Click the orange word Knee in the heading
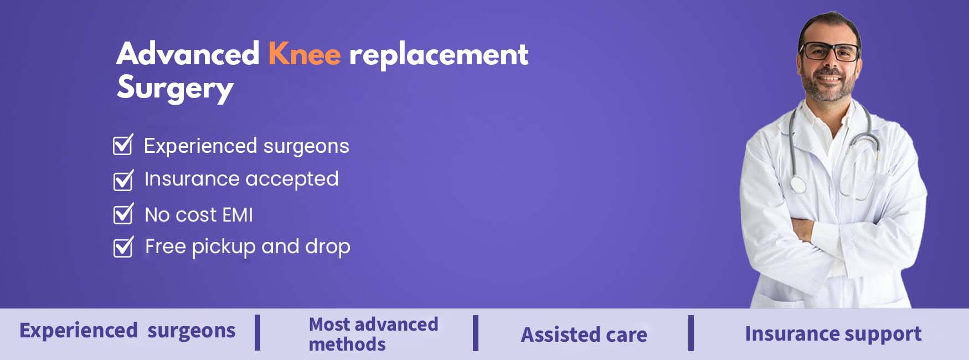(305, 54)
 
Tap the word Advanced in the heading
(188, 54)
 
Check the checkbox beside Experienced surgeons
(123, 145)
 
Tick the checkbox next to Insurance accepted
(123, 180)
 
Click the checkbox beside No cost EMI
(123, 214)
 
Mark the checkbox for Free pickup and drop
(123, 247)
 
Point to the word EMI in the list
(238, 215)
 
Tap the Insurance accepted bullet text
(241, 179)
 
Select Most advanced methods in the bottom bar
(373, 334)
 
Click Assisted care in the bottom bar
(584, 335)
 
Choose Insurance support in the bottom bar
(833, 334)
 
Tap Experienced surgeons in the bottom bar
(127, 331)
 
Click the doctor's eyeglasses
(829, 52)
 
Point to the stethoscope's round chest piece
(797, 184)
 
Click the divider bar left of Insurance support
(691, 333)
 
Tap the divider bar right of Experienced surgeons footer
(257, 332)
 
